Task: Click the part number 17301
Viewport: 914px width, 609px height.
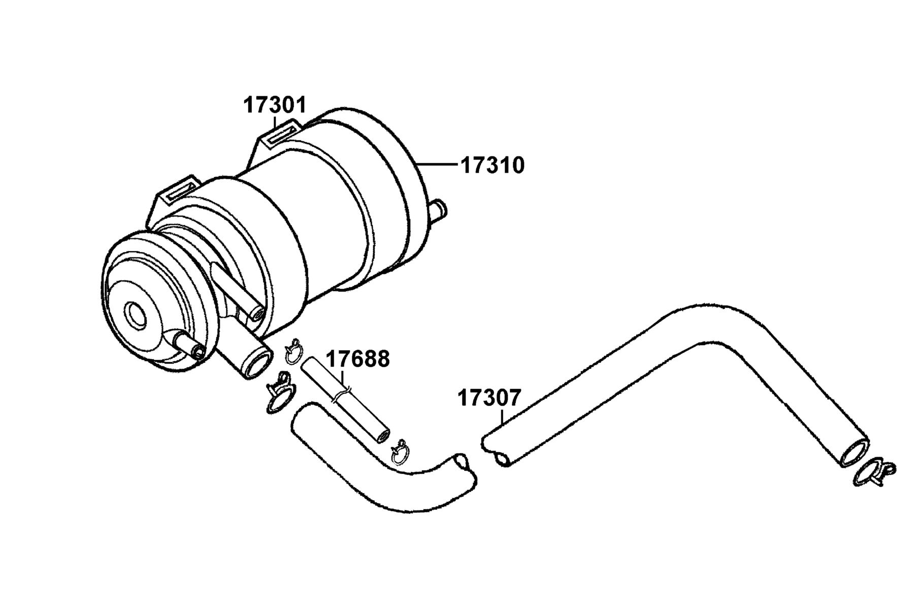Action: click(275, 105)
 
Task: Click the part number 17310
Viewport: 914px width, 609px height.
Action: click(492, 165)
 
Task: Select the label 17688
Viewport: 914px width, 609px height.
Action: click(357, 359)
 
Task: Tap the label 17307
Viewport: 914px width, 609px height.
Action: click(489, 398)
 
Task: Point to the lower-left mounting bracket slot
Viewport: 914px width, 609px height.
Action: click(179, 191)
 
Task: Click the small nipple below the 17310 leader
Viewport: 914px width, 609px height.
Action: click(438, 209)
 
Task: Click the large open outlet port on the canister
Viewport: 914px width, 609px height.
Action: click(256, 361)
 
